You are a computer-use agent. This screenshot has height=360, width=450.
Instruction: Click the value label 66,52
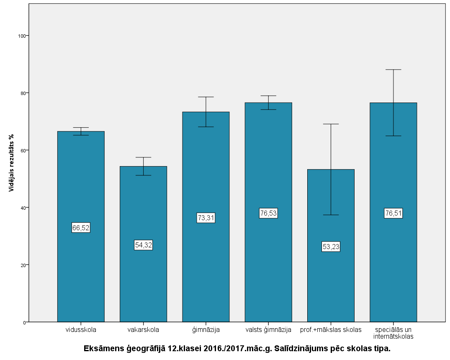click(x=81, y=228)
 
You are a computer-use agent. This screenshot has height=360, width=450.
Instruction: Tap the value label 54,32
click(x=143, y=245)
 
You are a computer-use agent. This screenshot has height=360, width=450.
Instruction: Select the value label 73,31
click(x=206, y=218)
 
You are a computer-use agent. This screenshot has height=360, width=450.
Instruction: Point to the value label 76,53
click(x=268, y=213)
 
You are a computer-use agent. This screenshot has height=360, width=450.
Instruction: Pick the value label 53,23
click(x=331, y=247)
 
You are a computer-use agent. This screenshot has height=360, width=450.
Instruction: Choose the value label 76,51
click(x=393, y=213)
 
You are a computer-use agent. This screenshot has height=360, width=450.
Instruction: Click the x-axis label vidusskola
click(x=81, y=330)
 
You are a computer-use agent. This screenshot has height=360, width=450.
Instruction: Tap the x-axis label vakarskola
click(x=143, y=330)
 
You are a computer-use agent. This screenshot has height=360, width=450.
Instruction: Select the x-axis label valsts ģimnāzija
click(x=268, y=330)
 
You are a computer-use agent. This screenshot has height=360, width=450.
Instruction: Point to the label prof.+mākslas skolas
click(x=331, y=330)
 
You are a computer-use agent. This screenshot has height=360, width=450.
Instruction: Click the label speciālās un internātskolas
click(x=393, y=333)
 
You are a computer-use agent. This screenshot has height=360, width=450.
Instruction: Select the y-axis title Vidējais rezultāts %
click(x=12, y=163)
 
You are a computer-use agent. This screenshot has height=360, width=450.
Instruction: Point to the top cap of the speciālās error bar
click(x=393, y=69)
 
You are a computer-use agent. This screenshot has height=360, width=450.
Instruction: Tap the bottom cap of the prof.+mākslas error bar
click(x=331, y=215)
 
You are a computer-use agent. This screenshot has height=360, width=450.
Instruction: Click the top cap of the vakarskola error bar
click(x=143, y=157)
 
